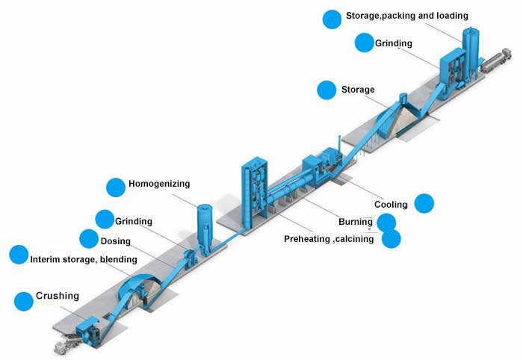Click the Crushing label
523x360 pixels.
pyautogui.click(x=57, y=296)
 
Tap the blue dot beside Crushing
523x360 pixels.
pyautogui.click(x=24, y=302)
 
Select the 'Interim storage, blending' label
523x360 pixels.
pyautogui.click(x=83, y=259)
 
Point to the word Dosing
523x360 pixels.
pyautogui.click(x=115, y=240)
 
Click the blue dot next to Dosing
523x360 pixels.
pyautogui.click(x=89, y=239)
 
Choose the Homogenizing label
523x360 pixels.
pyautogui.click(x=159, y=183)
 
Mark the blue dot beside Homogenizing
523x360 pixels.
pyautogui.click(x=116, y=187)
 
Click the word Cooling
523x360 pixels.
pyautogui.click(x=391, y=205)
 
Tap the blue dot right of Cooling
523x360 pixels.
pyautogui.click(x=424, y=203)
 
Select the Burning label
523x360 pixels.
pyautogui.click(x=355, y=222)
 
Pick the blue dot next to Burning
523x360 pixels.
pyautogui.click(x=386, y=222)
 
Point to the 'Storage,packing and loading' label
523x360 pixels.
pyautogui.click(x=406, y=15)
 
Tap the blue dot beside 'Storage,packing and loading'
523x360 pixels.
pyautogui.click(x=332, y=19)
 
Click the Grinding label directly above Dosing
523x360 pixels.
pyautogui.click(x=134, y=221)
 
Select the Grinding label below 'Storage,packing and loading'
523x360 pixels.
pyautogui.click(x=393, y=43)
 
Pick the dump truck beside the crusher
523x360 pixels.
pyautogui.click(x=69, y=344)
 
